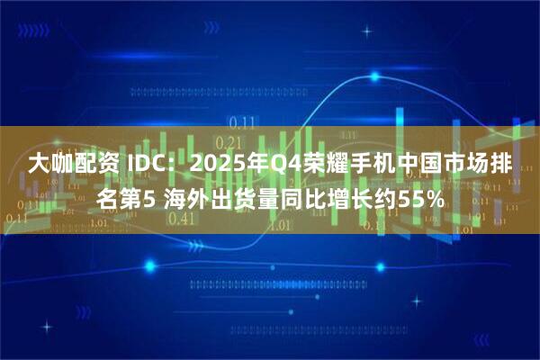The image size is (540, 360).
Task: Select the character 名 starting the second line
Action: tap(107, 198)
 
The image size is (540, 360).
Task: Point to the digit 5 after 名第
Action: tap(149, 198)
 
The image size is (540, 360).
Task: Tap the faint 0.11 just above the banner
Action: tap(240, 121)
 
